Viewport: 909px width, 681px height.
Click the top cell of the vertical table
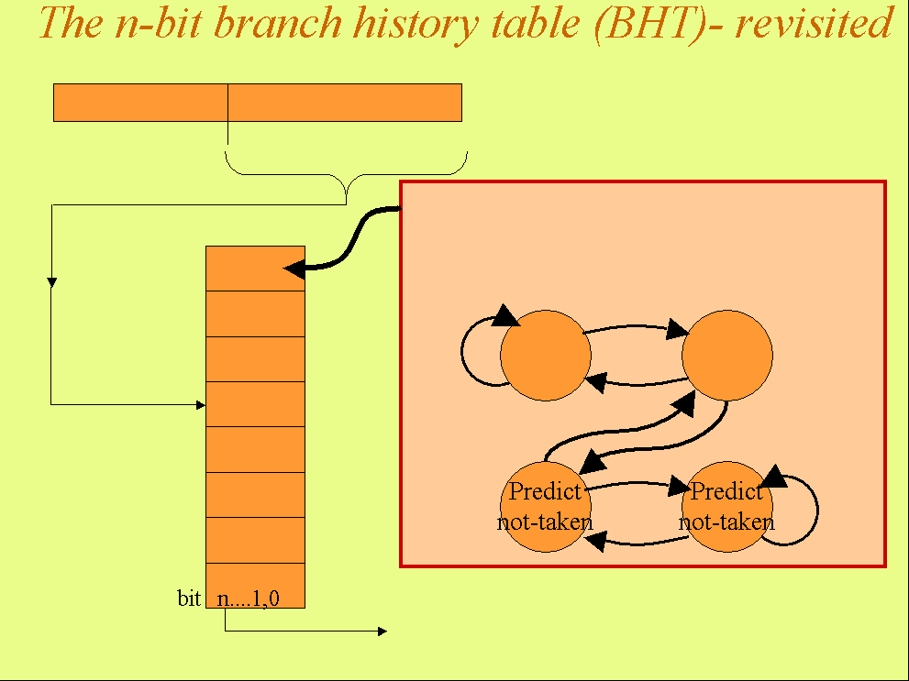(x=255, y=269)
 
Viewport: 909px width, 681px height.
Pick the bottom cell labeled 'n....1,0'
(x=255, y=586)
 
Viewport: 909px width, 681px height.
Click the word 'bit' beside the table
(x=189, y=599)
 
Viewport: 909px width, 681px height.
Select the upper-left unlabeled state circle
(x=546, y=356)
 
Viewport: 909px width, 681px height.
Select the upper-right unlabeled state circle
(x=727, y=356)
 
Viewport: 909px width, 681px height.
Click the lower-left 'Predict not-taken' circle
(x=546, y=507)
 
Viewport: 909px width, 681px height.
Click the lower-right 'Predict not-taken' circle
(x=727, y=507)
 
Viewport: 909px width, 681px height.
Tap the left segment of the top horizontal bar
(x=140, y=103)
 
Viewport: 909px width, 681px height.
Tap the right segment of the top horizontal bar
(x=344, y=103)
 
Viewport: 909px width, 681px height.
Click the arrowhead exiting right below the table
(x=382, y=631)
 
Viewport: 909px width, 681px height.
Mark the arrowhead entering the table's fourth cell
(x=200, y=403)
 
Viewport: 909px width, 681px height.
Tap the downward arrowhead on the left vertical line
(x=52, y=281)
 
